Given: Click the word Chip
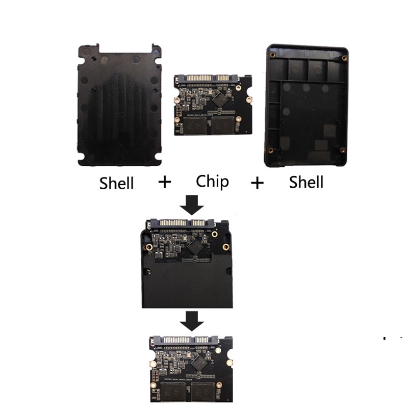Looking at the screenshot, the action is pos(212,182).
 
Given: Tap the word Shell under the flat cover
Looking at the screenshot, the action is pos(117,183).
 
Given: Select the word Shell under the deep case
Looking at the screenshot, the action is pos(307,182).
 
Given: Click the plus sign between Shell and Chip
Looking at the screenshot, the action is pos(165,182).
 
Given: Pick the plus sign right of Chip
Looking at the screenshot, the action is pos(257,183).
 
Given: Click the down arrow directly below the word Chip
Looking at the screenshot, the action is pos(192,205).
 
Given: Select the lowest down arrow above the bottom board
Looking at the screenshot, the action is pos(192,321).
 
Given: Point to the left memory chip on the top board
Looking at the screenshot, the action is pos(195,125).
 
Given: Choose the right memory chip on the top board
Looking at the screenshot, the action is pos(223,125).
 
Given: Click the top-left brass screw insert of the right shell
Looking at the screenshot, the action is pos(272,55).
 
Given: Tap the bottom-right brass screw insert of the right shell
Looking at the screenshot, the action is pos(343,150).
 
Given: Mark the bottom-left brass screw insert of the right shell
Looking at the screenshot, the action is pos(271,150).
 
